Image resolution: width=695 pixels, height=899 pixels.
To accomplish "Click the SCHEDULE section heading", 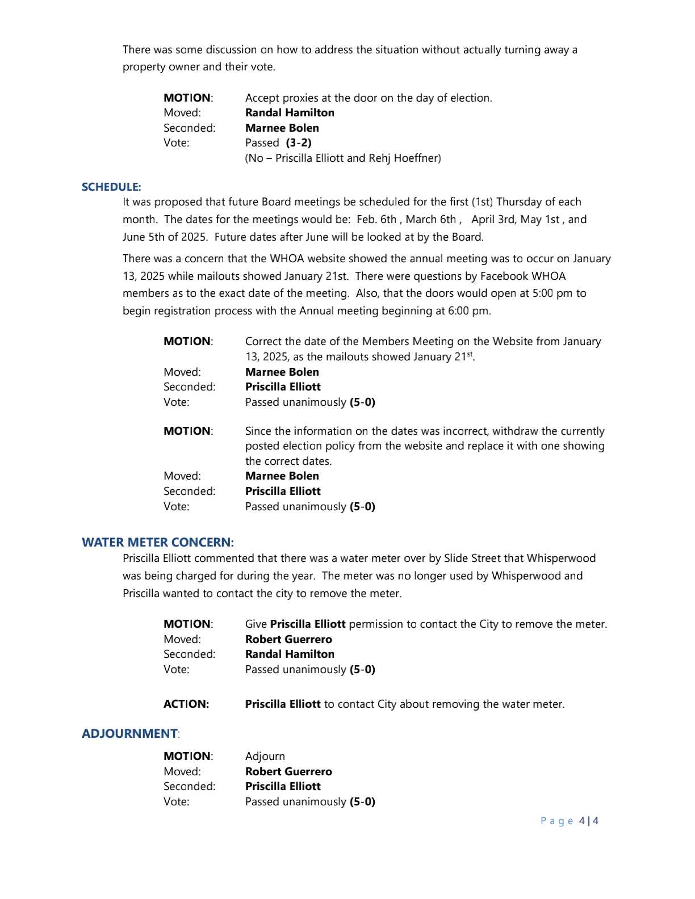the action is pyautogui.click(x=111, y=187).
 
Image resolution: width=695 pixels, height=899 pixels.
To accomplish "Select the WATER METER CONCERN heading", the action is pyautogui.click(x=158, y=542).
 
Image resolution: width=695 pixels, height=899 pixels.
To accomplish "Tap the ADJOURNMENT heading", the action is pyautogui.click(x=129, y=733).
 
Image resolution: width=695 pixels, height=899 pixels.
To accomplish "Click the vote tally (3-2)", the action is pyautogui.click(x=299, y=142).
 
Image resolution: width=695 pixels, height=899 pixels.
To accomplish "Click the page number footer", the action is pyautogui.click(x=570, y=821).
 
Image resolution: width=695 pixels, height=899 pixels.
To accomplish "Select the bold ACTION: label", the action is pyautogui.click(x=186, y=704).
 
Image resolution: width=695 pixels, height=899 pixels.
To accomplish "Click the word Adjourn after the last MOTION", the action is pyautogui.click(x=265, y=756).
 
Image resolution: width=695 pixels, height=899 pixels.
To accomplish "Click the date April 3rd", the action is pyautogui.click(x=492, y=219).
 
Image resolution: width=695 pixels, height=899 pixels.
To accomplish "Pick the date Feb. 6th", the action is pyautogui.click(x=376, y=219).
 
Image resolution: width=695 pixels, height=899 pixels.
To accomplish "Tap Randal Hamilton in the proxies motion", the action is pyautogui.click(x=290, y=112).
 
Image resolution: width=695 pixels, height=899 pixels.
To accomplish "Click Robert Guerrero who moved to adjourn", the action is pyautogui.click(x=288, y=771).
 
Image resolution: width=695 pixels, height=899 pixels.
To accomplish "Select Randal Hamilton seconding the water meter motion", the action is pyautogui.click(x=290, y=654).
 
